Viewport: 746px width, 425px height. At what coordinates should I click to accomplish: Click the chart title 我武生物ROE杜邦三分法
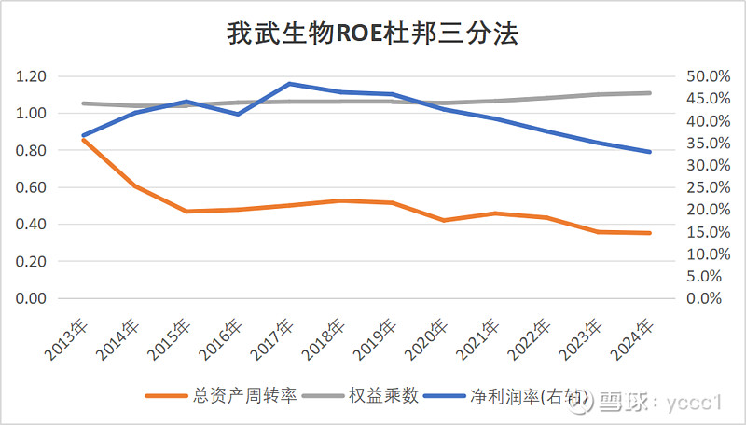(373, 34)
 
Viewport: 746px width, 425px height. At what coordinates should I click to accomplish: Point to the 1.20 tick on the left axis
(31, 76)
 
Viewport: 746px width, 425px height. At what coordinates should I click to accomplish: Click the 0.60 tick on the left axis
(31, 187)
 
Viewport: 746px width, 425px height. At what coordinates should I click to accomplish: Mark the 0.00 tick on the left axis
(31, 298)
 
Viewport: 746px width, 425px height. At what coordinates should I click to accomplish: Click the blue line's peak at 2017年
(291, 84)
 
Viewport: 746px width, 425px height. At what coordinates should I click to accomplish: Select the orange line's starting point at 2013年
(83, 140)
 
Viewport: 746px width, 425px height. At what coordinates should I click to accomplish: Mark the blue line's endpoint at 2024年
(650, 152)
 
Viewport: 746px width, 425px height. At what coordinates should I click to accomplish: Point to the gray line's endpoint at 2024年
(650, 92)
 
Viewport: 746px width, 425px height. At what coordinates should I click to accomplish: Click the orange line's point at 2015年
(186, 212)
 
